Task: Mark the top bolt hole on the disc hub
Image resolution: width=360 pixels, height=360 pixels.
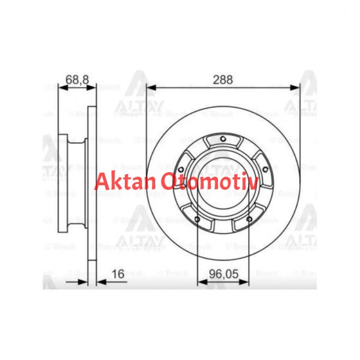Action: click(223, 139)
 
